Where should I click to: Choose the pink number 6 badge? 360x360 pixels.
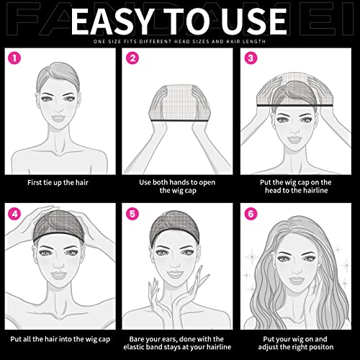249,214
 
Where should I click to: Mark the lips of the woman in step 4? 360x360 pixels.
62,279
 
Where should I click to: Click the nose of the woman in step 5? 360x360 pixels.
179,268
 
